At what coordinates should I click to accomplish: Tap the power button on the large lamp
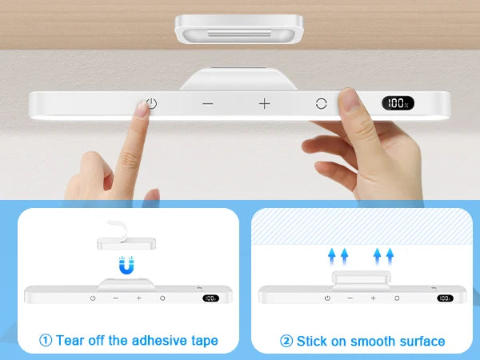pyautogui.click(x=151, y=103)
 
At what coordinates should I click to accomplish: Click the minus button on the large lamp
pyautogui.click(x=207, y=104)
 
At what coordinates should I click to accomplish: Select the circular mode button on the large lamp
pyautogui.click(x=321, y=103)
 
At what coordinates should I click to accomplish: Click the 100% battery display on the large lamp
pyautogui.click(x=398, y=103)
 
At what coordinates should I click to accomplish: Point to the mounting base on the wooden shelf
pyautogui.click(x=239, y=29)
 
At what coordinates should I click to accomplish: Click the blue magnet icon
pyautogui.click(x=126, y=265)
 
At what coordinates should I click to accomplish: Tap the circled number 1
pyautogui.click(x=46, y=341)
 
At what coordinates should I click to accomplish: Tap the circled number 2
pyautogui.click(x=286, y=341)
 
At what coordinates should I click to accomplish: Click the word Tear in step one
pyautogui.click(x=70, y=341)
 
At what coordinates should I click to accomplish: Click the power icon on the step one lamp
pyautogui.click(x=93, y=298)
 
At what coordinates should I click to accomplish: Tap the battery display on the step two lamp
pyautogui.click(x=445, y=298)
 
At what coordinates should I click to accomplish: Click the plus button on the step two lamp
pyautogui.click(x=373, y=298)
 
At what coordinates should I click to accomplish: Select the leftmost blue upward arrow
pyautogui.click(x=331, y=257)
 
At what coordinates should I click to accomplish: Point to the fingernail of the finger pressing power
pyautogui.click(x=142, y=110)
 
